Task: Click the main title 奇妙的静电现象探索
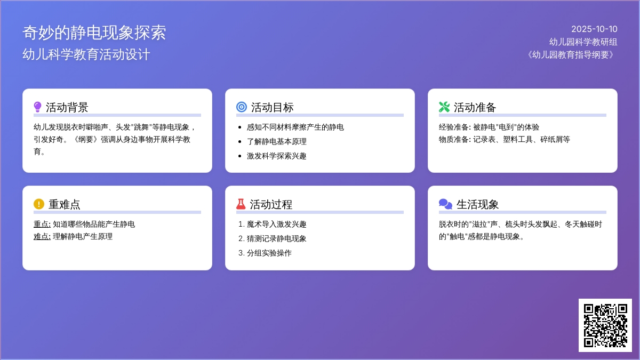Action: pos(94,33)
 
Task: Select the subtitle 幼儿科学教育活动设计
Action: pos(86,54)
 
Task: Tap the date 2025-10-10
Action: pos(594,29)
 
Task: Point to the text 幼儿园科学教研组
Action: pos(583,42)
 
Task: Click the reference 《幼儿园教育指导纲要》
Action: pos(571,54)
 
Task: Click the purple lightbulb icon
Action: pos(37,107)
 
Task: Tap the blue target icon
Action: pos(242,107)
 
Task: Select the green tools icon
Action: pos(444,107)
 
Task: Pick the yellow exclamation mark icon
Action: pos(39,204)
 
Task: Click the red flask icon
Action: pos(241,204)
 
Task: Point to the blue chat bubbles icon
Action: pos(445,204)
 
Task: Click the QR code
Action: pos(605,325)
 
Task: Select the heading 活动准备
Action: pos(475,107)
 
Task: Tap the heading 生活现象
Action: pos(477,205)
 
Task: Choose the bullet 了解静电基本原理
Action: pos(277,141)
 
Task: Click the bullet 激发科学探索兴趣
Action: pos(277,156)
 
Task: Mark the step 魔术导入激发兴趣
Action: pos(277,225)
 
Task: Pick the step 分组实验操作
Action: pos(269,253)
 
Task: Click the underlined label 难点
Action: pos(42,237)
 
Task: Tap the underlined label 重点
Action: pos(42,225)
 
